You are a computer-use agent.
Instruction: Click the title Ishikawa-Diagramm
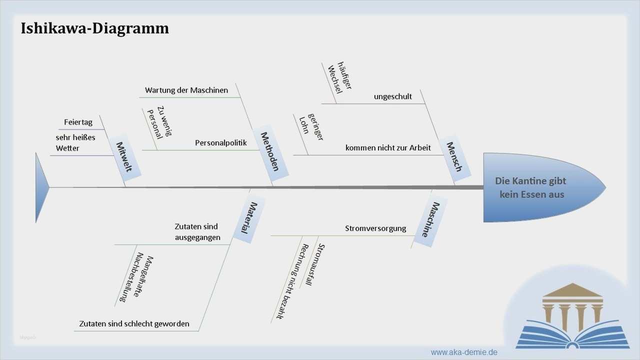pos(95,28)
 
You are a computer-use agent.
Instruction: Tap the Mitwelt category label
pos(124,157)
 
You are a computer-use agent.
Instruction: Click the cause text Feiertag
pos(78,122)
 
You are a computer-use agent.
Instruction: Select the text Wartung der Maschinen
pos(186,90)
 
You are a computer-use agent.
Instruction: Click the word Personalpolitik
pos(220,143)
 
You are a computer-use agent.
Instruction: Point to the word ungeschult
pos(393,96)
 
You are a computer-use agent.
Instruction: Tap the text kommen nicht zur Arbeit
pos(388,147)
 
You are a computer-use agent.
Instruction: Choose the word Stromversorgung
pos(375,228)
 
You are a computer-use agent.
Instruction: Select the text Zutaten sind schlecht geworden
pos(134,324)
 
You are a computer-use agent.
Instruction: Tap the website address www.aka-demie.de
pos(464,352)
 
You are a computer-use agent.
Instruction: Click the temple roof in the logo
pos(572,290)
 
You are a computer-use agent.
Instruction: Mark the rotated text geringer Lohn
pos(311,127)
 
